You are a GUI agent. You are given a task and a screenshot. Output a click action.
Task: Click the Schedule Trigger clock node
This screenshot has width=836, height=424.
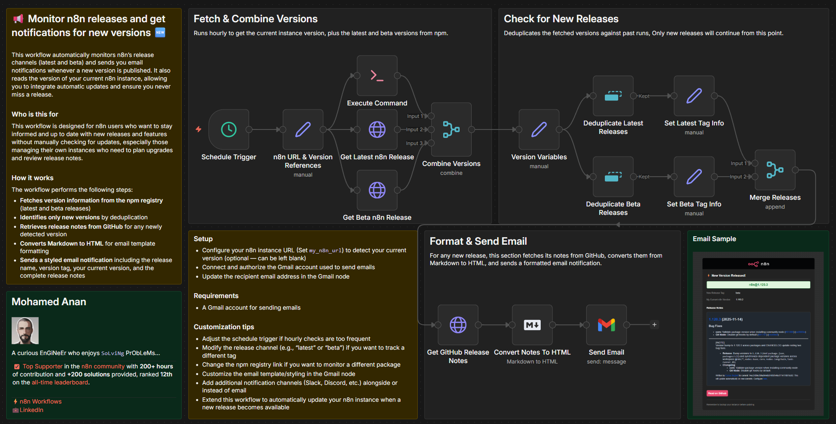(x=228, y=129)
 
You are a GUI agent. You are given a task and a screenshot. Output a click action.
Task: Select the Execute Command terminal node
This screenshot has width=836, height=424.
(x=377, y=76)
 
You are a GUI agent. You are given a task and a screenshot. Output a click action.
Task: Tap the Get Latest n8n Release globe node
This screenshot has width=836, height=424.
(x=377, y=129)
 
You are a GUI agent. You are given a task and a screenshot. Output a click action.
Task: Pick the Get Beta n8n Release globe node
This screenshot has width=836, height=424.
(x=377, y=190)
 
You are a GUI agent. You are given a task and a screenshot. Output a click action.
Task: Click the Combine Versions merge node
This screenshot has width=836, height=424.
(x=451, y=129)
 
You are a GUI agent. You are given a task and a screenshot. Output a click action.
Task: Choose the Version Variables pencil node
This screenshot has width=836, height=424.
(x=539, y=129)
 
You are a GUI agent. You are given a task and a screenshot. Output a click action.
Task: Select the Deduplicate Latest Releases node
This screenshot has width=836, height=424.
(x=613, y=96)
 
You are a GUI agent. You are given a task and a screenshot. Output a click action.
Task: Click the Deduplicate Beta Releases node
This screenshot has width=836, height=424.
(x=613, y=177)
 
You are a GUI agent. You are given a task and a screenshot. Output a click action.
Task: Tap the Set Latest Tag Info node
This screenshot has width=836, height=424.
(x=694, y=96)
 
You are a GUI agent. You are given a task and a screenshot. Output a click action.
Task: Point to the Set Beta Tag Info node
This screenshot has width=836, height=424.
(x=694, y=177)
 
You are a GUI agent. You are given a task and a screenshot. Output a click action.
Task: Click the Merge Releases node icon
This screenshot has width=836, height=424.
(x=775, y=170)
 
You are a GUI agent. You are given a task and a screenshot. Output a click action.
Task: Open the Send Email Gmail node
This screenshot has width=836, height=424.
(x=606, y=325)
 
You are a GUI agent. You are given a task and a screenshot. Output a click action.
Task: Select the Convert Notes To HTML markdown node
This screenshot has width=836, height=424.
(x=532, y=325)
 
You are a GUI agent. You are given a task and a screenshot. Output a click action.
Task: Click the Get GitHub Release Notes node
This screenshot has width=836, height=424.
(x=458, y=325)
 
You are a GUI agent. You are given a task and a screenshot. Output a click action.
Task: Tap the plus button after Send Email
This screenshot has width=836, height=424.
(x=654, y=325)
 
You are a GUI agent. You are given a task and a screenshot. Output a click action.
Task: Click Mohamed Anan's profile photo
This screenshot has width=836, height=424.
(x=25, y=331)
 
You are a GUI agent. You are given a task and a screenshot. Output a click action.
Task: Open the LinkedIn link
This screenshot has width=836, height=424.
(x=31, y=410)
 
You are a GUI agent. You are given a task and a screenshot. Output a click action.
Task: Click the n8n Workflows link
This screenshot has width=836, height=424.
(x=41, y=401)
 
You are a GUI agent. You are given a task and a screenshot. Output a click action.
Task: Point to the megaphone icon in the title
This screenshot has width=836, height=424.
(x=18, y=19)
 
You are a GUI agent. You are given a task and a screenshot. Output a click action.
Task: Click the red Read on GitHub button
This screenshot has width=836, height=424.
(x=717, y=393)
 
